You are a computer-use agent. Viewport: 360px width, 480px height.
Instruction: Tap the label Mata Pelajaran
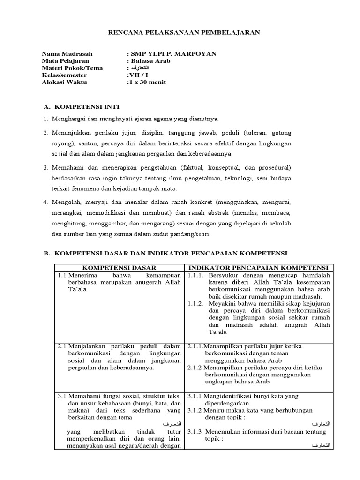(65, 61)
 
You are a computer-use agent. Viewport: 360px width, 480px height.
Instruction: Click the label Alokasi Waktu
(64, 82)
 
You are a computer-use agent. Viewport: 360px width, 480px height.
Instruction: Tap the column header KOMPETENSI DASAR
(119, 267)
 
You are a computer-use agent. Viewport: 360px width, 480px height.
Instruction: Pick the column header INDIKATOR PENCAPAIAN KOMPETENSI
(259, 267)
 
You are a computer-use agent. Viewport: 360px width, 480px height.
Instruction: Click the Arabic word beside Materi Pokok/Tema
(141, 68)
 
